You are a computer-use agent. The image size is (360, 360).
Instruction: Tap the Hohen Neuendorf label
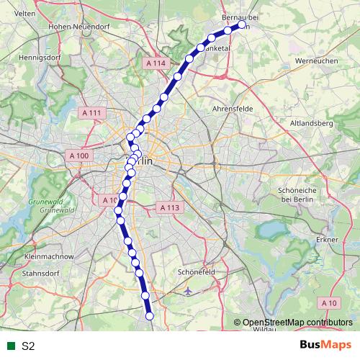coord(73,26)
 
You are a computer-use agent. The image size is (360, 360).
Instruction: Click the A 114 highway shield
coord(155,63)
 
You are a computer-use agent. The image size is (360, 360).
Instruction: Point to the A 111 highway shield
coord(91,113)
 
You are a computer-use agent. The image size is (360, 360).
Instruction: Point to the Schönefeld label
coord(197,273)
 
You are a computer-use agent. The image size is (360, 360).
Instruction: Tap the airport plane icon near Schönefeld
coord(188,292)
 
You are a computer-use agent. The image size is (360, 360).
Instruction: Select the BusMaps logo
coord(325,345)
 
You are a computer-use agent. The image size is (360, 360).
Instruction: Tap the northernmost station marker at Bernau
coord(242,24)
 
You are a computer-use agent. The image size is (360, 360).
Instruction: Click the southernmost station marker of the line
coord(150,315)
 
